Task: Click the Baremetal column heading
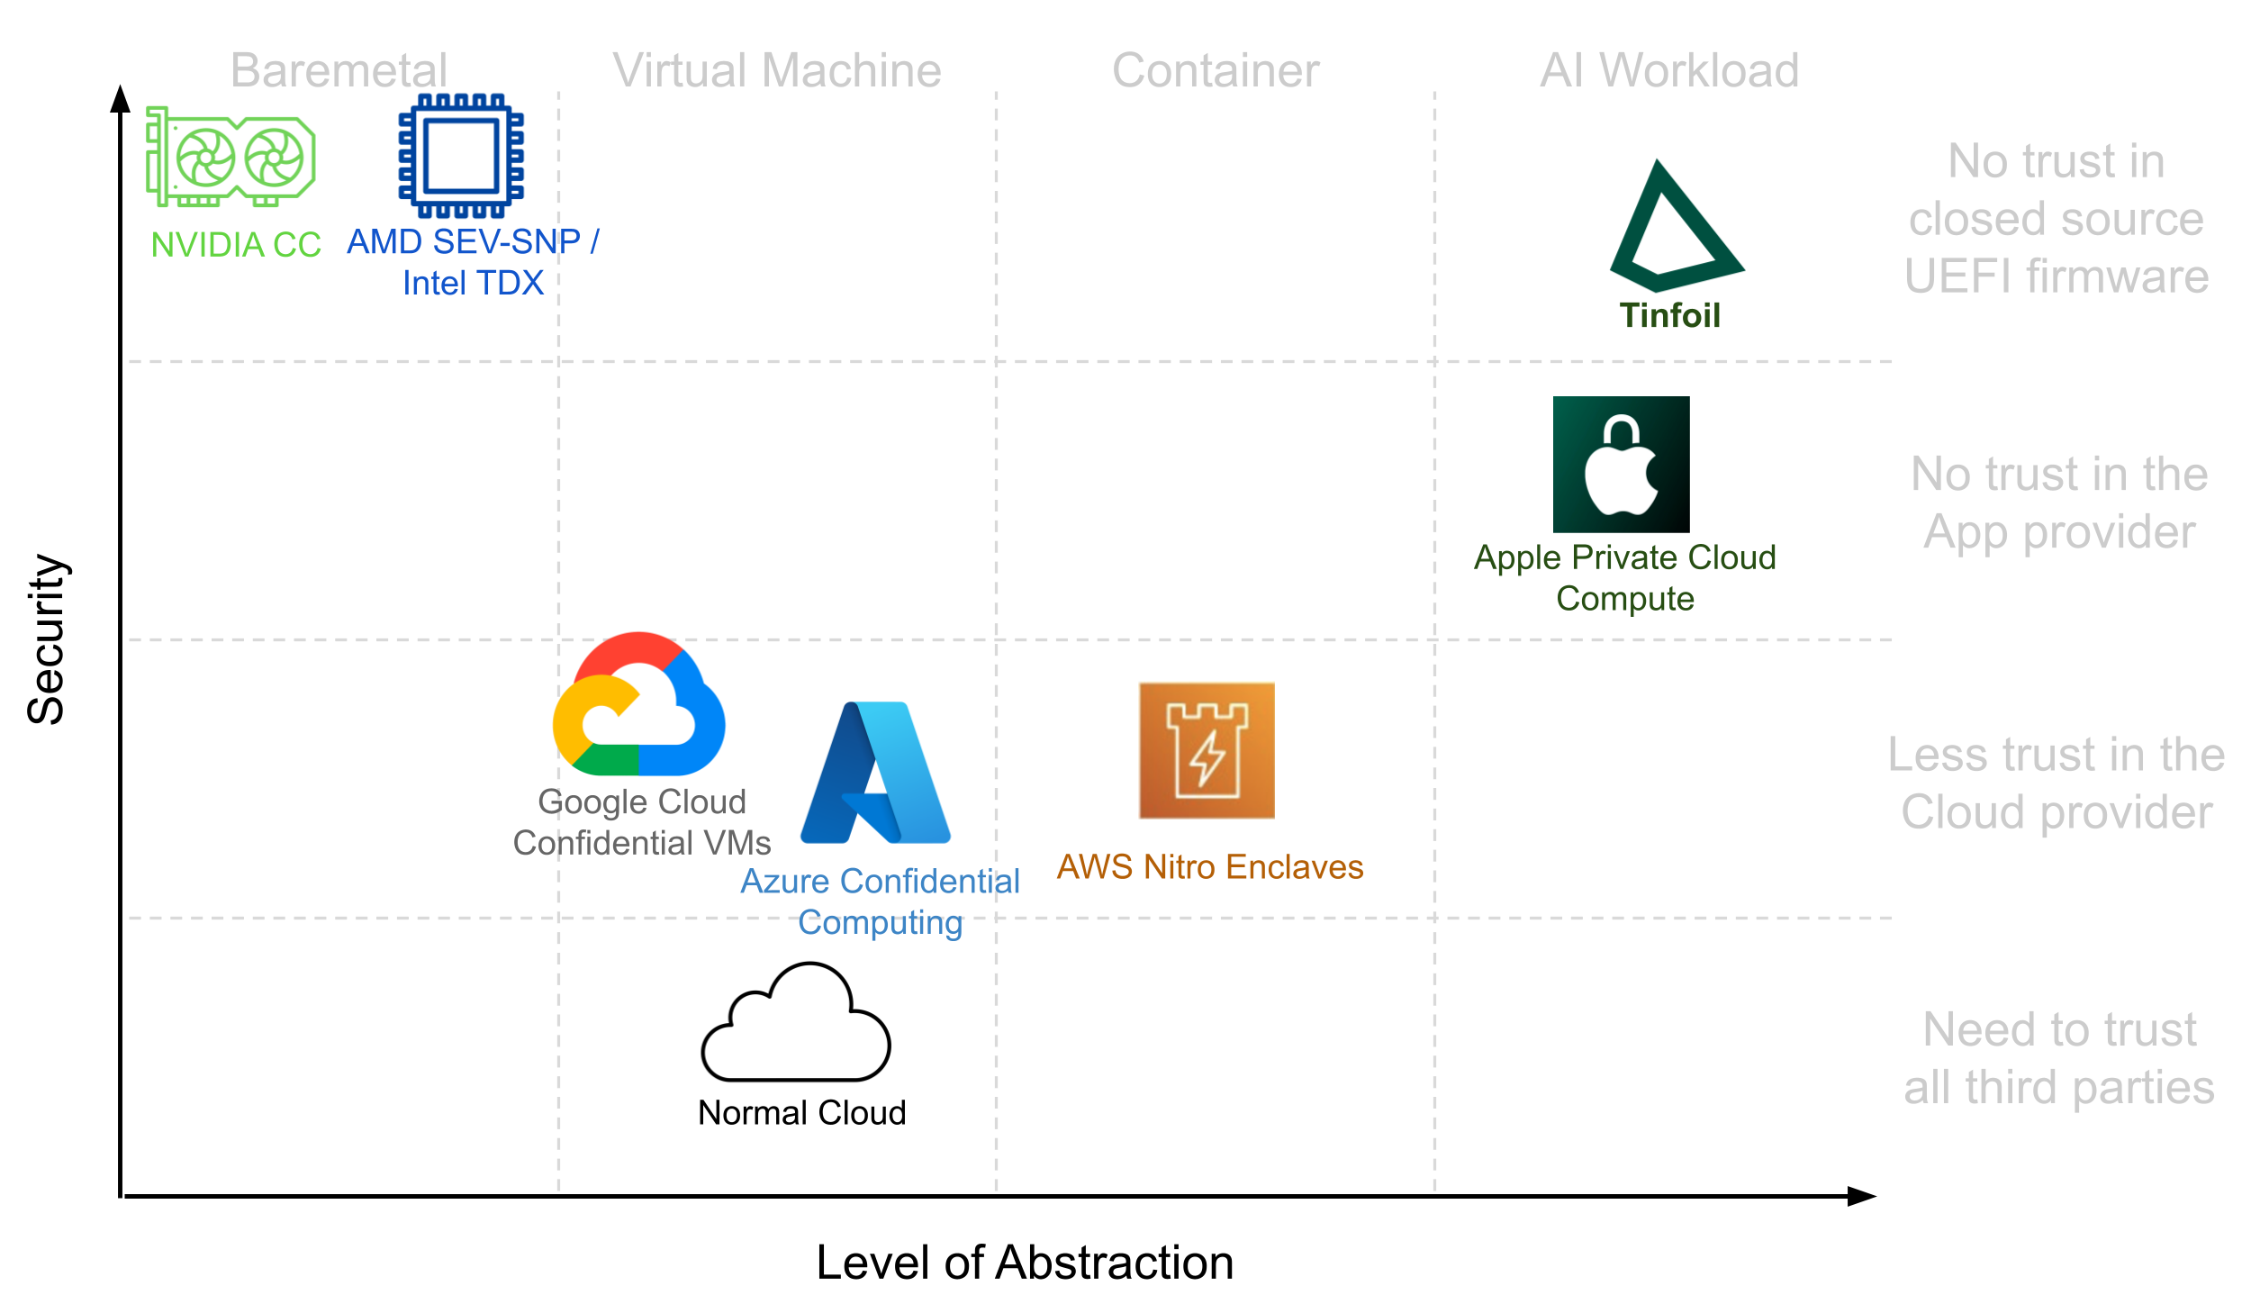point(339,70)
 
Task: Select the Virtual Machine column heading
point(776,70)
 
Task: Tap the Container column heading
point(1216,70)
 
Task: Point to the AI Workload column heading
point(1669,70)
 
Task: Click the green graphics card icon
point(231,157)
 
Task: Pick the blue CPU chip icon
point(462,156)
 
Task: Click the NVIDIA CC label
point(236,245)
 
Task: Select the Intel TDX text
point(473,283)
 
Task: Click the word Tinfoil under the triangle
point(1670,316)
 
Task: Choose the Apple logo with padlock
point(1621,465)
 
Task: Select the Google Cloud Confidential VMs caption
point(642,822)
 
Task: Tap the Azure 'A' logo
point(875,774)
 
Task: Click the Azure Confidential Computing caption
point(880,901)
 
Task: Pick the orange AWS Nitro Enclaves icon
point(1207,750)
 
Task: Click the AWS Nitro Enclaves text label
point(1209,867)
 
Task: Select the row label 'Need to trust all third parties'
point(2058,1058)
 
